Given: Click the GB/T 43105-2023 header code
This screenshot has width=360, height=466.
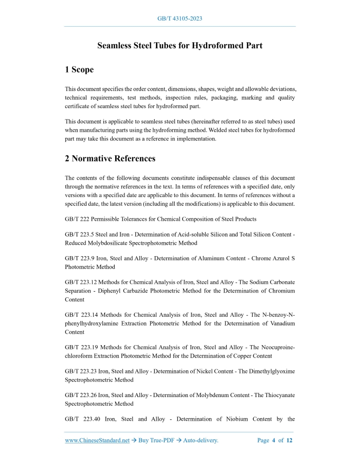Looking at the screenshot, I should (179, 19).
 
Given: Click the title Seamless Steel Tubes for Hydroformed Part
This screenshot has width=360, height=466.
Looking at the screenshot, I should (180, 46).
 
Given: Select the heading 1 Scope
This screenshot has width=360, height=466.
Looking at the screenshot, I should (79, 69).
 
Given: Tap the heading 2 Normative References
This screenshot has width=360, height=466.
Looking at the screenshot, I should (110, 158).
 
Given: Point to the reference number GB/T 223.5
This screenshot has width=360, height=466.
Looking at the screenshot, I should (79, 235).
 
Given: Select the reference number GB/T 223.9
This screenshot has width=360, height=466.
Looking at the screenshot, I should (79, 259).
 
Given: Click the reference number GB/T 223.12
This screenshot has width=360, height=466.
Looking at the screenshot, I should (81, 282).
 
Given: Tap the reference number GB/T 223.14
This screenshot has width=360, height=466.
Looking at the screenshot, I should (81, 315).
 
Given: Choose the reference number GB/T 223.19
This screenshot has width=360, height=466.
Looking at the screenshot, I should (81, 347).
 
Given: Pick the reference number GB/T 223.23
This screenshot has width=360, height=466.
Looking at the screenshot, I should (81, 371).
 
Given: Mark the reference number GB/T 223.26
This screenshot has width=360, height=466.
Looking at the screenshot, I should (81, 395).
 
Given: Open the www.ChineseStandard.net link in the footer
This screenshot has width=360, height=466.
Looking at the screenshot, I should (97, 440).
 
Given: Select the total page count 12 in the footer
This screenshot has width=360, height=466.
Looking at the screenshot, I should (290, 440).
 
